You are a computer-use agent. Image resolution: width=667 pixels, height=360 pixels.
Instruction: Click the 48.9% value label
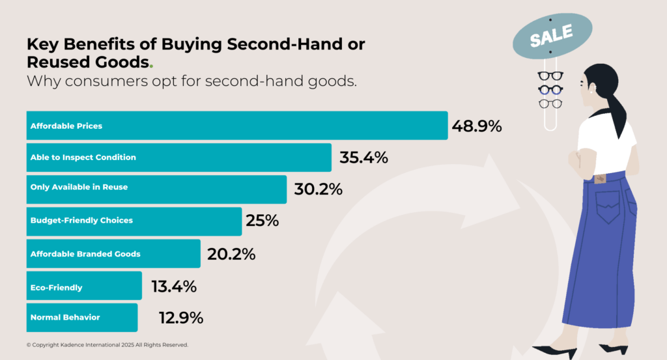click(477, 126)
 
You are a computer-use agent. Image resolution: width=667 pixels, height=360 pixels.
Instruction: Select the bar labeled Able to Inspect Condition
click(179, 158)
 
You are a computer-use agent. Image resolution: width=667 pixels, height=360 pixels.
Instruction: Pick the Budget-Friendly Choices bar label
click(81, 221)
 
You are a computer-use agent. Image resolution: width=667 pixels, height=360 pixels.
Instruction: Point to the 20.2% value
click(231, 254)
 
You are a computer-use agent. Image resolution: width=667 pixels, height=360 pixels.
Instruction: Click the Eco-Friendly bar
click(84, 286)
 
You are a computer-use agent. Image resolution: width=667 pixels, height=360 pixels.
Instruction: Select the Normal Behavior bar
click(82, 318)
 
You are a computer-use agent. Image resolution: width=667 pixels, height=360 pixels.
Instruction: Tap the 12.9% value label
click(181, 318)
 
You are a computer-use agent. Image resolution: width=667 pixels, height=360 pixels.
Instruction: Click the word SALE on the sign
click(551, 35)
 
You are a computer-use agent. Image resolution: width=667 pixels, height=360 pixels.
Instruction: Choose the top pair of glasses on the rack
click(550, 76)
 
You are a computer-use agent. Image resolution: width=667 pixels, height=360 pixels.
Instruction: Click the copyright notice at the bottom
click(107, 344)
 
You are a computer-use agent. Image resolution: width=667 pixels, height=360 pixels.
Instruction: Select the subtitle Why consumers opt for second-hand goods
click(192, 82)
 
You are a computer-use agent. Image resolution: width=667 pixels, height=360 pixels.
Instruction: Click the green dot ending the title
click(152, 66)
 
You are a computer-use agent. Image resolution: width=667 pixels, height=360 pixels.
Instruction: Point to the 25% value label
click(262, 221)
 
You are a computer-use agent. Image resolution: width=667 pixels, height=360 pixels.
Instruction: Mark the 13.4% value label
click(174, 286)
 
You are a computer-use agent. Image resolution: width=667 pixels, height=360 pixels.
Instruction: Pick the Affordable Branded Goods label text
click(85, 254)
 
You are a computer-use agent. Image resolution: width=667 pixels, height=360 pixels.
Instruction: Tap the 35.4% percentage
click(363, 158)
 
